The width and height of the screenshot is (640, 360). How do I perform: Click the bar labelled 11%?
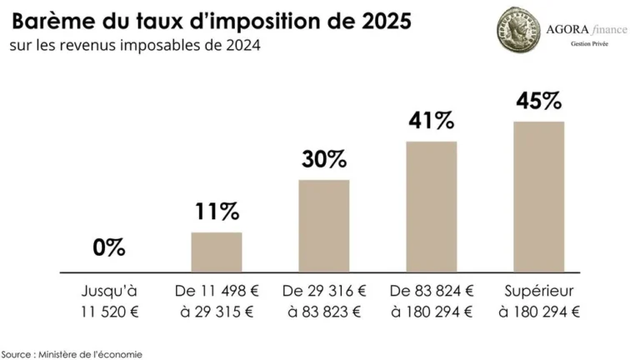coord(217,252)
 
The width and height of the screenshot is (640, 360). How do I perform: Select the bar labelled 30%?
coord(324,226)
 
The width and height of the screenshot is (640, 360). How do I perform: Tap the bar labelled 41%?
coord(432,207)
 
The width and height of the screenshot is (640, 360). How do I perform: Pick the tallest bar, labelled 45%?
coord(538,197)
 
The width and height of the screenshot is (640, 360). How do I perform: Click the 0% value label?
coord(109,247)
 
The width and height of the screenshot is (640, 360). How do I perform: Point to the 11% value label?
coord(217,211)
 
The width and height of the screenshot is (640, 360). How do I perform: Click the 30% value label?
coord(324,158)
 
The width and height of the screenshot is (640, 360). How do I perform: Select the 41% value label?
coord(432,120)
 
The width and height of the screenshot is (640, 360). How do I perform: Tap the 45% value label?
coord(538,101)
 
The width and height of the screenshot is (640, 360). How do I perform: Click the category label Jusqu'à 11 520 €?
coord(109,302)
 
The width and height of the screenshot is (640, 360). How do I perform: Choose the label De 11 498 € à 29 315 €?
coord(217,302)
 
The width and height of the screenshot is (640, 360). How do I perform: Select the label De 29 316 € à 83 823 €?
coord(324,302)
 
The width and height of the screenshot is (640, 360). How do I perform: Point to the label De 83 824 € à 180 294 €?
coord(432,302)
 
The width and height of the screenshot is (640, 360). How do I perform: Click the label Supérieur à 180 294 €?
coord(538,302)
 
